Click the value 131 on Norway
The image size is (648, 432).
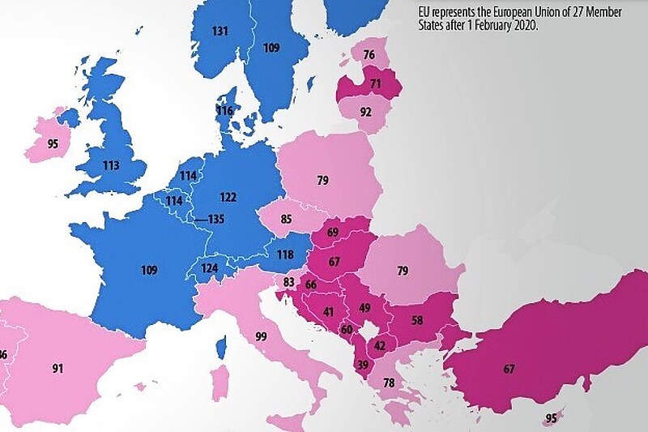pos(220,32)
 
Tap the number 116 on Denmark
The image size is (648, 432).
pos(224,111)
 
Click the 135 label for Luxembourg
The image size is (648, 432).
pos(216,219)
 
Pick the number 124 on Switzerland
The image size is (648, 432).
pos(210,267)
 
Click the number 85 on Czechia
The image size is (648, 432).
pos(287,218)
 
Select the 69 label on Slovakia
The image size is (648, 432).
pos(332,233)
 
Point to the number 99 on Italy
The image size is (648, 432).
pos(260,336)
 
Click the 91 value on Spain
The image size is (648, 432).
pos(58,369)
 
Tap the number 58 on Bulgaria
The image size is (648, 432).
pos(417,321)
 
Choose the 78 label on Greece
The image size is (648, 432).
pos(389,383)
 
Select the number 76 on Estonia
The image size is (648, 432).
pos(369,55)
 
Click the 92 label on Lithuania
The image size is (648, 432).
pos(366,112)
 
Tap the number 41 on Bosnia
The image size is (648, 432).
pos(329,312)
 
